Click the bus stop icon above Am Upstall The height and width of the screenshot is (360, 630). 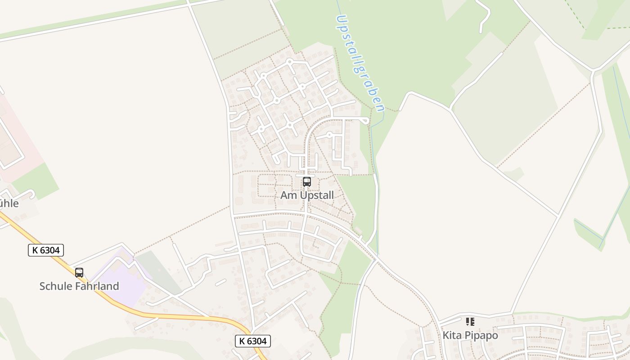point(307,182)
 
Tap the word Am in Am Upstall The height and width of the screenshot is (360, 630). point(288,195)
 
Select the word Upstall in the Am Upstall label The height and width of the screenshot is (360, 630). point(317,195)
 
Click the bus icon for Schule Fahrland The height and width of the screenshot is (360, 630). point(79,273)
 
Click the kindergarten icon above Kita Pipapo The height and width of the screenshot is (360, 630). point(470,322)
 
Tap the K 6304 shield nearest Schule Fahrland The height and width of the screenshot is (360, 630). point(46,250)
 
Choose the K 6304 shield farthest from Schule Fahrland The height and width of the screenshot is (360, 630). point(252,341)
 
